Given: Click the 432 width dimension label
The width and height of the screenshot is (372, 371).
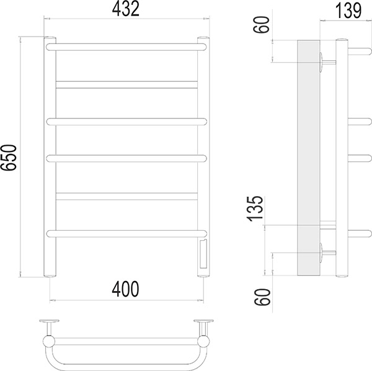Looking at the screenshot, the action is click(125, 9).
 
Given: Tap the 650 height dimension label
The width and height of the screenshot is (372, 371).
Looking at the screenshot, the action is click(9, 158).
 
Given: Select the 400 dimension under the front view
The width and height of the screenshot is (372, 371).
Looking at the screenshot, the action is click(125, 289).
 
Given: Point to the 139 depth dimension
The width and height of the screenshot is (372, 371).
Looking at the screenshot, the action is click(348, 11).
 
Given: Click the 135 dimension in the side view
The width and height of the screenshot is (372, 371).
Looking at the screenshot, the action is click(255, 209).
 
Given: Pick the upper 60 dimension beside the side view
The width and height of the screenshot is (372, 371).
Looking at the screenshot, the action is click(262, 25).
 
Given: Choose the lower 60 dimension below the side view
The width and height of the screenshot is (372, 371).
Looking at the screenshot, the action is click(262, 297).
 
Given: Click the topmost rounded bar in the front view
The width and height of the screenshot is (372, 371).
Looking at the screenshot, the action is click(126, 47).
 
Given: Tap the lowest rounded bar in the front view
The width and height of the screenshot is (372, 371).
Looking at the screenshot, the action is click(126, 233).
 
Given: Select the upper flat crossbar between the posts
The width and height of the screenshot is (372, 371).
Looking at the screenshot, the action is click(126, 85).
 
